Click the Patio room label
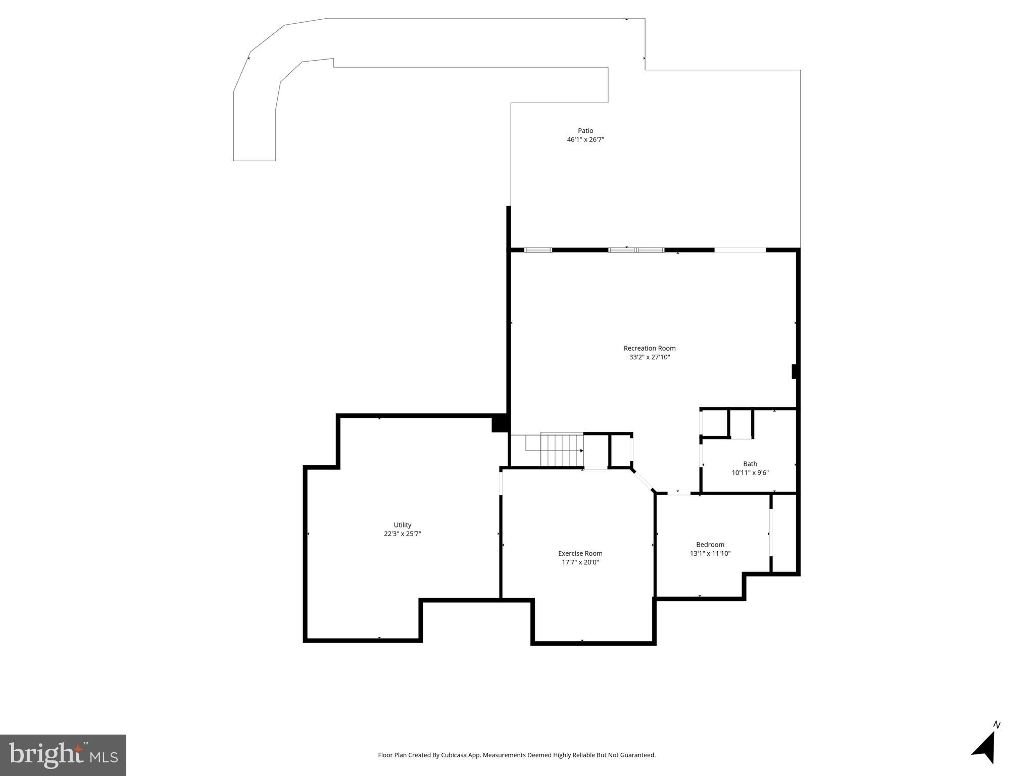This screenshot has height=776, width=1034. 585,131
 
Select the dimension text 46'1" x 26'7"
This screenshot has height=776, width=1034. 585,140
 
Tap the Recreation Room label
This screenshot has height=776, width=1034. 649,348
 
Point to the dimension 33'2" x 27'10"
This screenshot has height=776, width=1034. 649,357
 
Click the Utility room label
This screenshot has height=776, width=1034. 403,525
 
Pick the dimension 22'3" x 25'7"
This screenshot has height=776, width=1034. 403,534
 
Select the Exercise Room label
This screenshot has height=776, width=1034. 580,553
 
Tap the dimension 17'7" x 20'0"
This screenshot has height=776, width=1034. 580,562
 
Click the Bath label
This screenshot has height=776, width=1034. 750,464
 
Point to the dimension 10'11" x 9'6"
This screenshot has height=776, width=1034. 750,473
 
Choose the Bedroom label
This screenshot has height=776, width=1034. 710,545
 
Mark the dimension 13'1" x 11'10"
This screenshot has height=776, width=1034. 710,554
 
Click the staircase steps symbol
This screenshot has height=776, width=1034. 562,450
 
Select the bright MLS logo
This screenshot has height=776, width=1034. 63,755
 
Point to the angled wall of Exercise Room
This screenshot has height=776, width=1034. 643,480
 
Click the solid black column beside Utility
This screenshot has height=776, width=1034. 499,423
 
